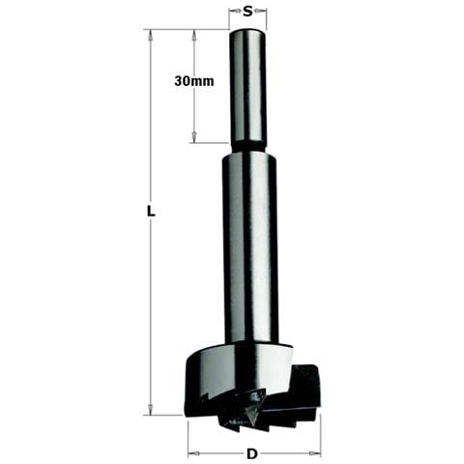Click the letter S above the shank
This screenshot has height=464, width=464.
point(247,12)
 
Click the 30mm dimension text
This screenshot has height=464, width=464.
point(194,81)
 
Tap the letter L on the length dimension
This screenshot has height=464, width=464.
point(151,212)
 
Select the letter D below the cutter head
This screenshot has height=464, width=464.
point(252,454)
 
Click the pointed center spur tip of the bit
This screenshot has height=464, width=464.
point(252,424)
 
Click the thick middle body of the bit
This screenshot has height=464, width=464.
point(249,248)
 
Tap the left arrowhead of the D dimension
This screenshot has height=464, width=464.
point(192,454)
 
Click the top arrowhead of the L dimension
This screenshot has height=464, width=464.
point(150,35)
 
